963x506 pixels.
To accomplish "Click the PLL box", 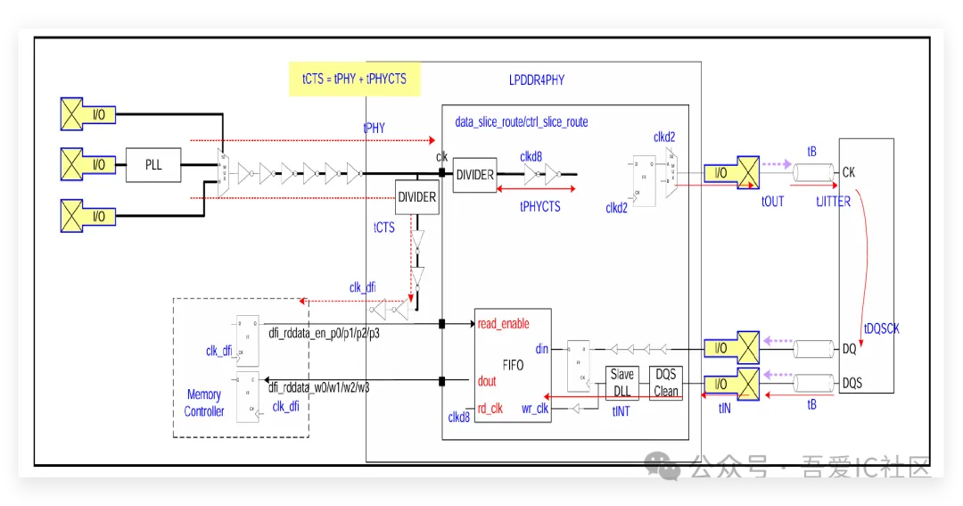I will pos(153,165).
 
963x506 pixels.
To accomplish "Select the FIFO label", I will pos(513,365).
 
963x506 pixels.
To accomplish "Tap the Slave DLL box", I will pos(622,382).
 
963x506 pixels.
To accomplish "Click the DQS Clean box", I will pos(666,382).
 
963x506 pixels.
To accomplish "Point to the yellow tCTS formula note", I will pos(354,79).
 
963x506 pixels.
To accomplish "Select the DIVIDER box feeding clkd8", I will pos(474,175).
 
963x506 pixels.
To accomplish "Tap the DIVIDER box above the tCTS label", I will pos(417,196).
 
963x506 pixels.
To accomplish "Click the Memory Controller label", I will pos(204,403).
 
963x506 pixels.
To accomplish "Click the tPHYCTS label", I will pos(539,206).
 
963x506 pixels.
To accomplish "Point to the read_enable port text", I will pos(503,324).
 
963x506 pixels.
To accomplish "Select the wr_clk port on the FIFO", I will pos(535,410).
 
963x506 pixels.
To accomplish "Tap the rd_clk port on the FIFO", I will pos(490,410).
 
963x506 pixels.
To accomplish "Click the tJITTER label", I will pos(833,202).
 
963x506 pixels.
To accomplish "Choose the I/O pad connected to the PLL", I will pos(89,165).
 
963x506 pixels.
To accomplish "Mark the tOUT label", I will pos(772,202).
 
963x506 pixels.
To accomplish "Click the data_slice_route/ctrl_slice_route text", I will pos(522,122).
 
